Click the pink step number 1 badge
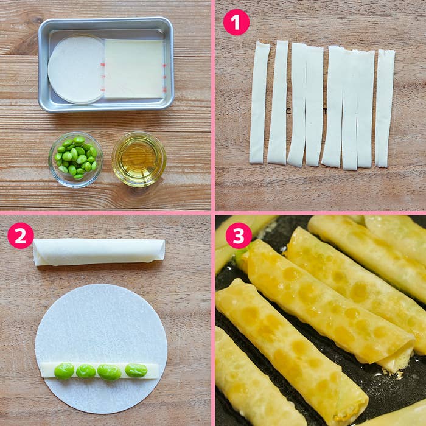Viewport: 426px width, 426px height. tap(236, 22)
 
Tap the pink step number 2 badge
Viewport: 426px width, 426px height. tap(21, 236)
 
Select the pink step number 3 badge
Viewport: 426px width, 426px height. tap(239, 236)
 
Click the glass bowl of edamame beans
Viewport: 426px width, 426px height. tap(76, 159)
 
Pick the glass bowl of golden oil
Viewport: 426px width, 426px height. tap(139, 159)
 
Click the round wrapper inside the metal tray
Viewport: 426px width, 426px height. tap(76, 70)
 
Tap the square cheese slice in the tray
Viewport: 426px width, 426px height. tap(134, 69)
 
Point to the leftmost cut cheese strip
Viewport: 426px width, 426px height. tap(259, 103)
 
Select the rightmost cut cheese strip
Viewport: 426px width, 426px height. tap(385, 108)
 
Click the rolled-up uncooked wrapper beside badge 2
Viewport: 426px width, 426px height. tap(99, 252)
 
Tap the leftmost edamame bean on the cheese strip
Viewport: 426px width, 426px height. tap(64, 371)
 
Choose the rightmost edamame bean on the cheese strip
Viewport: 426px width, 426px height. tap(136, 370)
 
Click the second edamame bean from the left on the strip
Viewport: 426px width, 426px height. tap(86, 371)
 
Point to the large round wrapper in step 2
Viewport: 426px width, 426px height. tap(101, 349)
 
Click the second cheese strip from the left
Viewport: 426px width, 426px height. tap(278, 102)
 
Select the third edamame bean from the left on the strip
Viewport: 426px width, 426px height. tap(109, 372)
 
